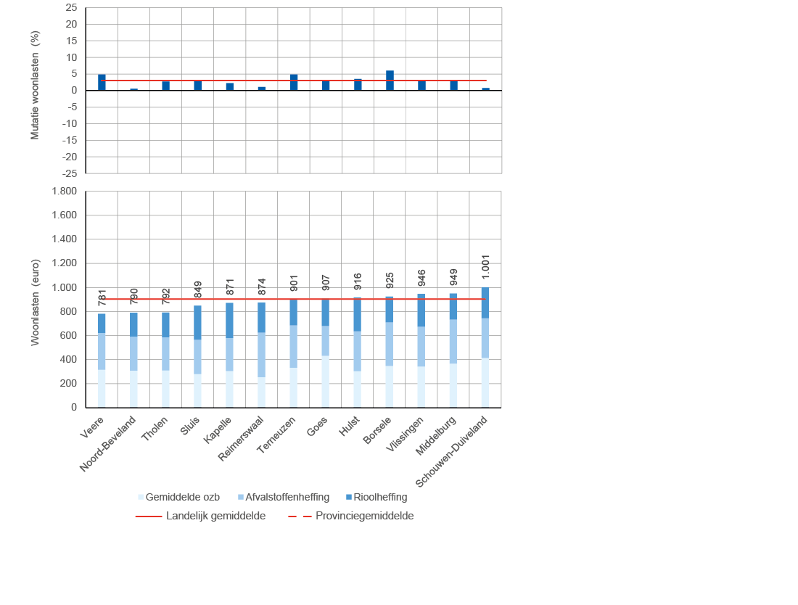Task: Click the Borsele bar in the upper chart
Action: (x=390, y=81)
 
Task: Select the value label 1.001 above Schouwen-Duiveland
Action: (x=485, y=267)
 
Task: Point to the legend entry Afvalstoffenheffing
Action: (x=287, y=497)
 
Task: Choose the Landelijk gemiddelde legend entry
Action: (x=215, y=516)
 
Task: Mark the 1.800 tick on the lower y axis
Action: (x=63, y=192)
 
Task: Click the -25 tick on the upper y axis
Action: (x=70, y=173)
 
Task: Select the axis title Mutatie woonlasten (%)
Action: (x=35, y=86)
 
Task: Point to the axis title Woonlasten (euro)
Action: (x=35, y=302)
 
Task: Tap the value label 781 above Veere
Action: (x=102, y=297)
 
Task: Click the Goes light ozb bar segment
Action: (x=326, y=382)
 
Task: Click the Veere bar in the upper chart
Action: (x=102, y=82)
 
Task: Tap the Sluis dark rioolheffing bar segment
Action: (x=197, y=322)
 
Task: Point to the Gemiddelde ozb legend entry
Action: (x=182, y=497)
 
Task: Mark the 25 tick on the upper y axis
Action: (x=71, y=7)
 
